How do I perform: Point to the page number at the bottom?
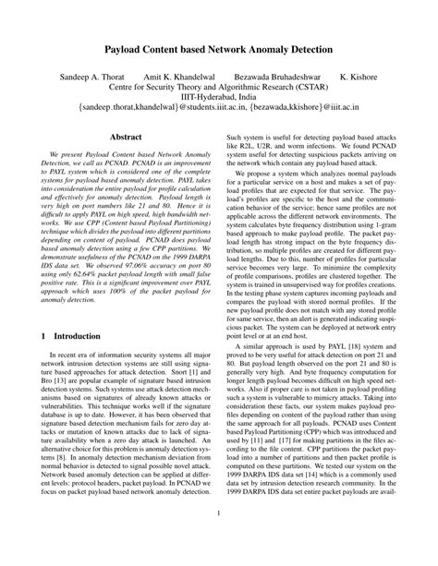click(x=219, y=540)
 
